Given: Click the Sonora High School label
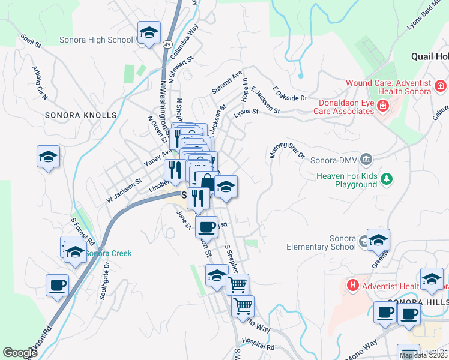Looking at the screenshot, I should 96,40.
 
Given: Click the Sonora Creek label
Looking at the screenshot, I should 108,253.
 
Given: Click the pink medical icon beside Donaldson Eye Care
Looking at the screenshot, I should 383,106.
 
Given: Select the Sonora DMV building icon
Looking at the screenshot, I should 367,160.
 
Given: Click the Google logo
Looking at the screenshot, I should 20,352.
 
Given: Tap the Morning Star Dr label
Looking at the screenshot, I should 286,146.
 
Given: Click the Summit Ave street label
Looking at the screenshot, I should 227,82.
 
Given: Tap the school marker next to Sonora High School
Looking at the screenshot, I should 149,34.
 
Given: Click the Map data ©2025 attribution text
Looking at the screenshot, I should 423,355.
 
